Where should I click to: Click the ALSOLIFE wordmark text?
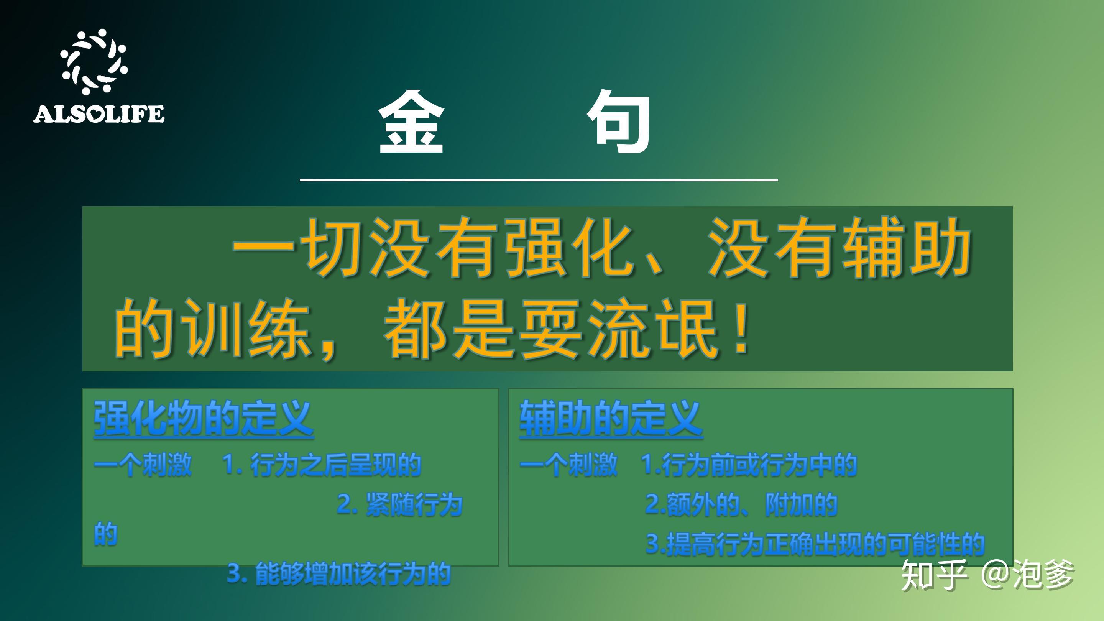[x=99, y=114]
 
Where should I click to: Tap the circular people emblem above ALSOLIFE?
[x=94, y=61]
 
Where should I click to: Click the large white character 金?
[x=411, y=122]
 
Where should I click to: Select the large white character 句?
[x=620, y=122]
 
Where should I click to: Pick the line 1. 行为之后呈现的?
[x=322, y=465]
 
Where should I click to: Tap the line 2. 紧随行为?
[x=399, y=504]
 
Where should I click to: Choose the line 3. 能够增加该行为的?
[x=338, y=573]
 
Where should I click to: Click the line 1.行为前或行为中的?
[x=748, y=465]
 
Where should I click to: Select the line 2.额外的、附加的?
[x=741, y=504]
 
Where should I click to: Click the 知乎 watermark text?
[x=934, y=575]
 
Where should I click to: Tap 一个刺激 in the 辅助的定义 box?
[x=568, y=465]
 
